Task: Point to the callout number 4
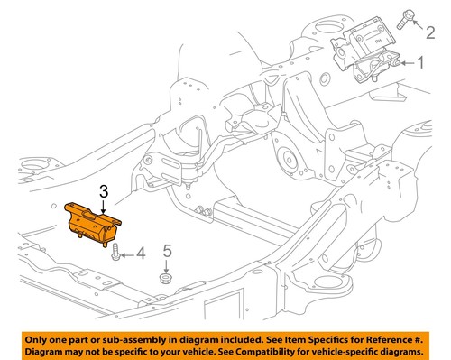coord(140,255)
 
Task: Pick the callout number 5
coord(167,250)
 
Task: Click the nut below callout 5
coord(166,278)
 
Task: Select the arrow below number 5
coord(166,264)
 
